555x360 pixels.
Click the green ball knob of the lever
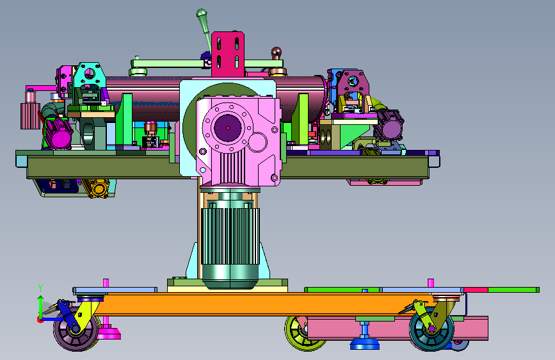[202, 13]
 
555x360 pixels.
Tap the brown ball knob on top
[277, 52]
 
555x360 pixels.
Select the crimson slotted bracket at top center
[228, 54]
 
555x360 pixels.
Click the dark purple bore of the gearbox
[228, 127]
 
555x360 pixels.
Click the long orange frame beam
[255, 304]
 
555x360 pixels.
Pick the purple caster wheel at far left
[76, 331]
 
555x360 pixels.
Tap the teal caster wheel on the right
[431, 329]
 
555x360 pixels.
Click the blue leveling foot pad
[365, 345]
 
